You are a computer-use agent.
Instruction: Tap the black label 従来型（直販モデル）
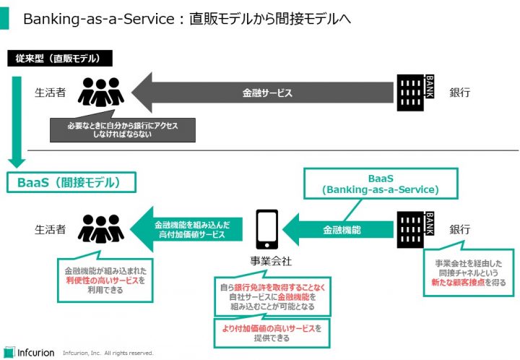(x=54, y=58)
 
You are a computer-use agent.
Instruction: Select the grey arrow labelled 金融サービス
(x=267, y=93)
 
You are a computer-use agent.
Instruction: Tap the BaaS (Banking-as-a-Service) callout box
(x=381, y=184)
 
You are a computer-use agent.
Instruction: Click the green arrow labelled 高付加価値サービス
(x=191, y=230)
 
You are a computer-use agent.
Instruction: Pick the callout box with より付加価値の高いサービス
(x=272, y=333)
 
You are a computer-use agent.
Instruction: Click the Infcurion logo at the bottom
(x=29, y=352)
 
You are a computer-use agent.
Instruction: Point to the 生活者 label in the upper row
(x=51, y=93)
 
